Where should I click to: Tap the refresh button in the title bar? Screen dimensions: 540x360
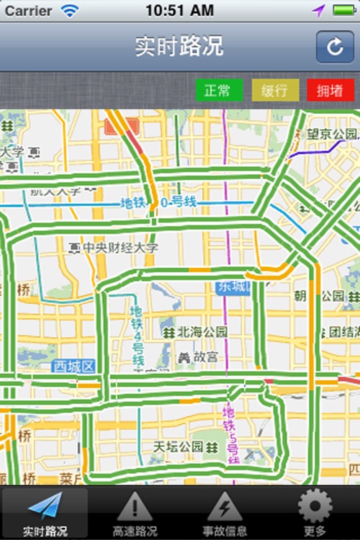click(335, 47)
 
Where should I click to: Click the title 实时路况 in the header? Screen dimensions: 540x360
click(179, 47)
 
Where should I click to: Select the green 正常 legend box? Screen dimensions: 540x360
click(217, 91)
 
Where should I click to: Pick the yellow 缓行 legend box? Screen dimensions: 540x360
click(274, 91)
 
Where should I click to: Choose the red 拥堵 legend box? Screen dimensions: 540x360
click(330, 91)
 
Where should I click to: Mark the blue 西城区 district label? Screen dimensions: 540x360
click(73, 366)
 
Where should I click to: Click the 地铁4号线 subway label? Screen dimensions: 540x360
click(137, 336)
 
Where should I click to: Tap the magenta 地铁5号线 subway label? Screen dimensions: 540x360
click(230, 433)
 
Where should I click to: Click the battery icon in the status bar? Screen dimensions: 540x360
click(343, 11)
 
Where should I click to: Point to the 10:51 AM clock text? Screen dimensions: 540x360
click(179, 11)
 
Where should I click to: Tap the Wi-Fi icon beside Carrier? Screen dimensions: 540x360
click(69, 11)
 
